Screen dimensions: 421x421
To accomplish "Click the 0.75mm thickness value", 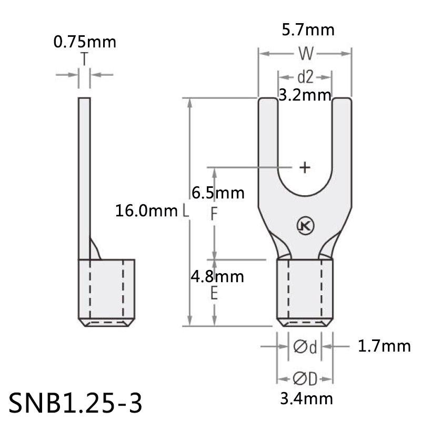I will pos(84,42).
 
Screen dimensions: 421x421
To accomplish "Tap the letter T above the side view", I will pos(85,59).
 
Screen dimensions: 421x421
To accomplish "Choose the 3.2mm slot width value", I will pos(305,95).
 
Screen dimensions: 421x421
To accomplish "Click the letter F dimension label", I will pos(214,214).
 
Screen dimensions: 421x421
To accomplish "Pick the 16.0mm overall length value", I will pos(146,212).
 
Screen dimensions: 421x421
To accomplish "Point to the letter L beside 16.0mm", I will pos(185,212).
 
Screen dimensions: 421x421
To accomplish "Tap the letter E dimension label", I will pos(214,294).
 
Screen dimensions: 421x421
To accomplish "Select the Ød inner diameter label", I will pos(305,347).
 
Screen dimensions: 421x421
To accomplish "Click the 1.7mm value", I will pos(384,346).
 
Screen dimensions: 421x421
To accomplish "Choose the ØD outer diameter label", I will pos(305,378).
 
